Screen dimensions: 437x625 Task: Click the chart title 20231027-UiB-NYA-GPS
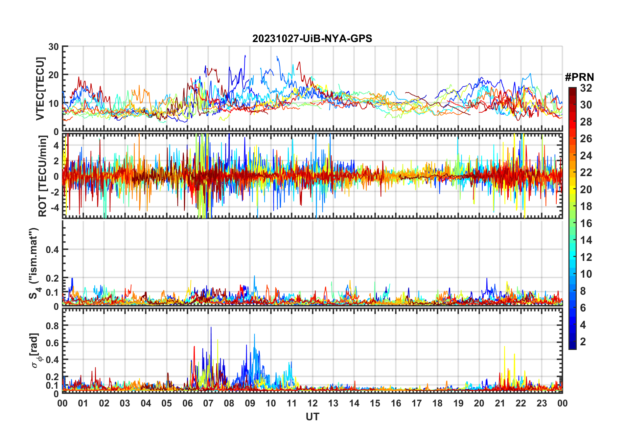(312, 39)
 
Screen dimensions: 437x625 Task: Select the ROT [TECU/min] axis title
(42, 176)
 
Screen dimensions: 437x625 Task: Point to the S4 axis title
(34, 263)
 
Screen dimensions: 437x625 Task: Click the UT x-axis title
(312, 417)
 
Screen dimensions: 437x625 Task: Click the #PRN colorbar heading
(579, 77)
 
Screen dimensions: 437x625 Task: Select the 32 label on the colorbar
(586, 88)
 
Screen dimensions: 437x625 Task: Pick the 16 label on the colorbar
(586, 223)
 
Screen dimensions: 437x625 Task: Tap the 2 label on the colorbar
(583, 342)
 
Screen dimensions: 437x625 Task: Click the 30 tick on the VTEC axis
(54, 47)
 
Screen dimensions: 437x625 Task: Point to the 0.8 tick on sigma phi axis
(52, 326)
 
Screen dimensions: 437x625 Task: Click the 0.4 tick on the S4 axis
(52, 250)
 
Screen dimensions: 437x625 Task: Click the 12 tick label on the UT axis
(312, 403)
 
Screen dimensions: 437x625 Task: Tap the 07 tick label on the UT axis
(208, 403)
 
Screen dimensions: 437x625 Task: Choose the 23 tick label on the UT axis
(542, 403)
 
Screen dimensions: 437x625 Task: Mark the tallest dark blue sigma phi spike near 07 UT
(211, 328)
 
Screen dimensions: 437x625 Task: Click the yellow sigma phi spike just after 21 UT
(504, 347)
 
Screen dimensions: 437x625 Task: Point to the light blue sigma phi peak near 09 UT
(254, 335)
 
